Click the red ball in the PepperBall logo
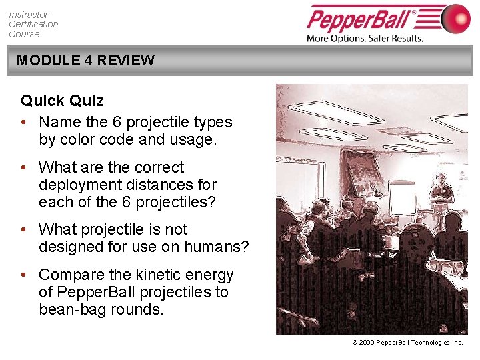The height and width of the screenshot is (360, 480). click(x=456, y=18)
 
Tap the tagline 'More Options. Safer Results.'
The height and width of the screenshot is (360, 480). click(x=365, y=38)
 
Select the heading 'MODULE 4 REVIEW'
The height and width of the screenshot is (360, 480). click(x=85, y=60)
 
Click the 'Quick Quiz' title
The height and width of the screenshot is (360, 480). click(x=62, y=101)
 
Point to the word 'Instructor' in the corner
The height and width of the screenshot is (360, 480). click(x=29, y=15)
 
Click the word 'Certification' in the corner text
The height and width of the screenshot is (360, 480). click(x=33, y=24)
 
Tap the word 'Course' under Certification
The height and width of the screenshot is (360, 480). click(x=24, y=34)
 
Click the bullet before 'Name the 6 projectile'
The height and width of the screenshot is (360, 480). click(x=25, y=123)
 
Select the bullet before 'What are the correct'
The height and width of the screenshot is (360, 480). click(x=25, y=168)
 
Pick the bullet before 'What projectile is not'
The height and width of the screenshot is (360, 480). click(x=25, y=230)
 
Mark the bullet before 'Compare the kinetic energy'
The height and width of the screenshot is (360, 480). click(x=25, y=275)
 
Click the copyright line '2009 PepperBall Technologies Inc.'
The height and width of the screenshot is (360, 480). click(x=410, y=342)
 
